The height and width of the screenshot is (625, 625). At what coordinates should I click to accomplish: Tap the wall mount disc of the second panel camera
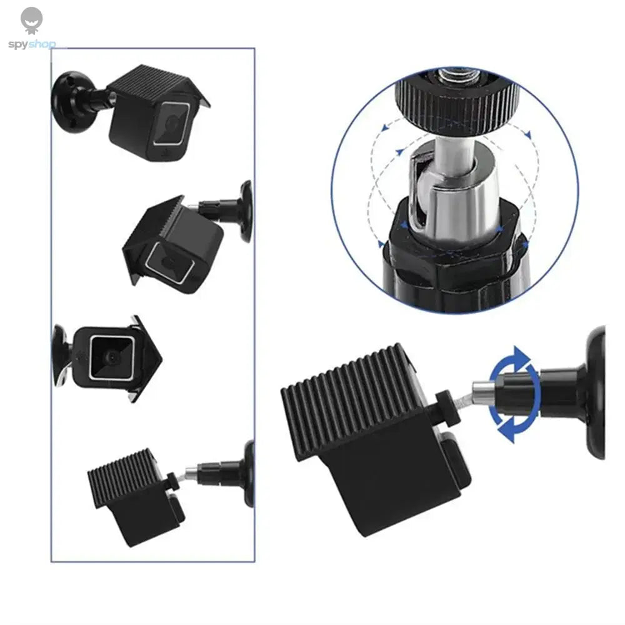246,211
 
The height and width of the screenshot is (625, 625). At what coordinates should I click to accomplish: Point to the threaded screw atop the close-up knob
456,74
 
